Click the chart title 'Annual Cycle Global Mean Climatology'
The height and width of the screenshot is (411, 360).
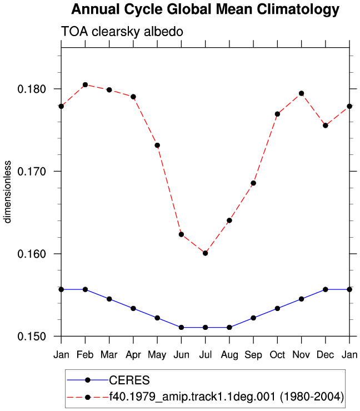[206, 9]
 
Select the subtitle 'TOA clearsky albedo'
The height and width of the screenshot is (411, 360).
[122, 32]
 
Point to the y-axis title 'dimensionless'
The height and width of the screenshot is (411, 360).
[7, 192]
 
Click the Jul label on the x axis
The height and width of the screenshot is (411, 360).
[206, 355]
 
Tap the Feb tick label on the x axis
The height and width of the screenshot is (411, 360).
[85, 355]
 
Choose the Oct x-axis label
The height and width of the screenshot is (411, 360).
[277, 355]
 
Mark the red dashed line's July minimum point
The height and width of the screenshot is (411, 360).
[206, 253]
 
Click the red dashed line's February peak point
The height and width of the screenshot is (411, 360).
[85, 84]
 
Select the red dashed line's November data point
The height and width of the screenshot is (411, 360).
[302, 93]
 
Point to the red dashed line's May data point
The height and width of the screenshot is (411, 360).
[157, 145]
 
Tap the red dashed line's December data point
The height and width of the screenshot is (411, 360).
[326, 126]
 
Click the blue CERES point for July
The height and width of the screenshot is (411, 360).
[206, 327]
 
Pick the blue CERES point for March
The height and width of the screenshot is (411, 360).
[109, 299]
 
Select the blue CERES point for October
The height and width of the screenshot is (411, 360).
[277, 308]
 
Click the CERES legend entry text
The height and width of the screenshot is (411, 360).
[129, 380]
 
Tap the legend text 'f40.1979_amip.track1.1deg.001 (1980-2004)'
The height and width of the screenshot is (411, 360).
[227, 397]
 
